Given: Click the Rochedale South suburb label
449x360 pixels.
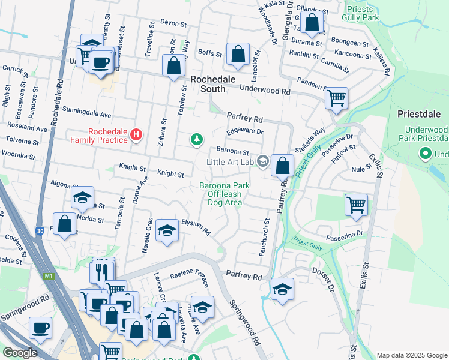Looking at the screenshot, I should pos(208,84).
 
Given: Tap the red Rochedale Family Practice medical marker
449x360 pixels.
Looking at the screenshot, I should pos(136,134).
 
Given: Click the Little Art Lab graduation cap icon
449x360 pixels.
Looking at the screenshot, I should pos(262,160).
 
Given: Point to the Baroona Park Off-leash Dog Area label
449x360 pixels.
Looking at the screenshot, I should pos(221,194).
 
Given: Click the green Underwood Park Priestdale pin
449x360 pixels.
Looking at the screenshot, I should pos(426,154).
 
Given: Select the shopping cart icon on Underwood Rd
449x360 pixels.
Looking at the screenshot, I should pos(336,98).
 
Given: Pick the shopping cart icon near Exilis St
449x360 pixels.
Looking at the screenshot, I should pos(356,205).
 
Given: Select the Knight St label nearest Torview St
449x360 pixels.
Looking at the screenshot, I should pos(170,173).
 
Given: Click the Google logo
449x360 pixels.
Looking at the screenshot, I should pos(20,353).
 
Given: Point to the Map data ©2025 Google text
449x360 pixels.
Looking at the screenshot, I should pos(411,355).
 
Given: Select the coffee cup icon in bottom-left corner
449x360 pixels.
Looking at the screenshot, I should pos(41,328).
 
